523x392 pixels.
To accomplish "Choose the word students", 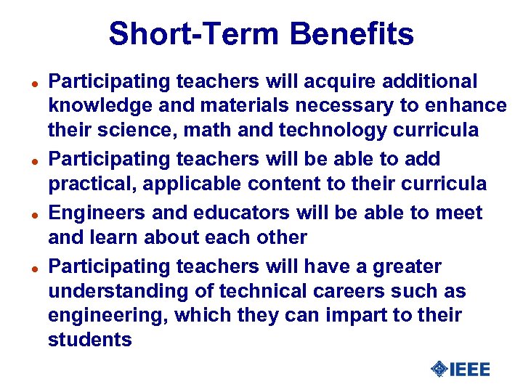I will (x=89, y=340).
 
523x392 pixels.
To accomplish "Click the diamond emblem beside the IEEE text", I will (x=439, y=369).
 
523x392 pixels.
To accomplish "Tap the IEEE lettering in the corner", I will (x=469, y=369).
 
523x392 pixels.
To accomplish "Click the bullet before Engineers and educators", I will (x=34, y=215).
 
